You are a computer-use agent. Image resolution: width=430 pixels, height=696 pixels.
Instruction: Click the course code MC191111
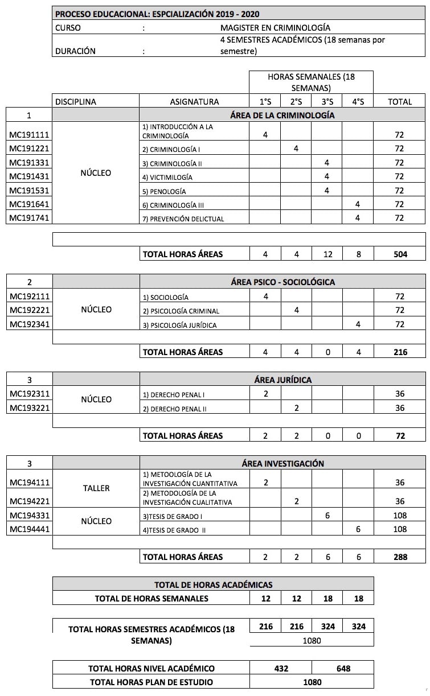29,135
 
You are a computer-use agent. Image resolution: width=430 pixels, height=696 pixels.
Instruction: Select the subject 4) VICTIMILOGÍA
167,177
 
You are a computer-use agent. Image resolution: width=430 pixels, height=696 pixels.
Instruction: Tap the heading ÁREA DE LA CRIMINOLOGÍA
282,115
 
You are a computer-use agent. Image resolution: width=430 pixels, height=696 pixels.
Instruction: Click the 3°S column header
327,102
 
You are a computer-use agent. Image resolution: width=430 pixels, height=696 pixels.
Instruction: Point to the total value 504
400,254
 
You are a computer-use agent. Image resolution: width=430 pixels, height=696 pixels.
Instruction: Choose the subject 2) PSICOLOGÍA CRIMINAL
181,311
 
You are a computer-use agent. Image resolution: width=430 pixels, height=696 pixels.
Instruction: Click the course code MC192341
29,324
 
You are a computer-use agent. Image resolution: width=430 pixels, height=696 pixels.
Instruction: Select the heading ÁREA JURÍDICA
282,380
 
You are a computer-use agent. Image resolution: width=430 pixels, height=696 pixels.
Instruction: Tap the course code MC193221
29,408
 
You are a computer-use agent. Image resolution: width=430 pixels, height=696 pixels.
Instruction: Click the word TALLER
96,488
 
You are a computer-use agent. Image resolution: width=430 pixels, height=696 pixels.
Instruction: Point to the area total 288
400,557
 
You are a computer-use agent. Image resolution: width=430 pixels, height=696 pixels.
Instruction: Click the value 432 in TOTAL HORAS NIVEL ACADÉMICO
281,668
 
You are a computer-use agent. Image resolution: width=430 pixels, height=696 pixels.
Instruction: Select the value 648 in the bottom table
343,668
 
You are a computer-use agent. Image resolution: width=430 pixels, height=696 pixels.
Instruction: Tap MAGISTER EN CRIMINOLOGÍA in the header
275,27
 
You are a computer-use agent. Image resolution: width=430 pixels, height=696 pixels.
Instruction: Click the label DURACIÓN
75,51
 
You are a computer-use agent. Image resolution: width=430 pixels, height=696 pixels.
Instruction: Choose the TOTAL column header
400,102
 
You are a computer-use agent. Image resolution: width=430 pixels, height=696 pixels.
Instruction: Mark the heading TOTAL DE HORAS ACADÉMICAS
213,584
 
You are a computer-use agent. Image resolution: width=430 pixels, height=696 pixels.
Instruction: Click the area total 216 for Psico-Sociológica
400,352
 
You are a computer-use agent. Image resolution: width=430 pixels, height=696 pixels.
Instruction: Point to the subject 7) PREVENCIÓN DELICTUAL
183,219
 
